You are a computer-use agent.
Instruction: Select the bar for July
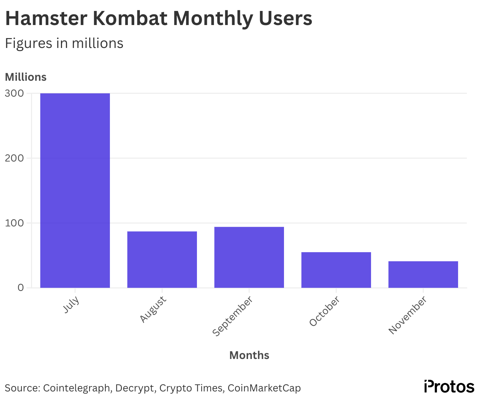(75, 190)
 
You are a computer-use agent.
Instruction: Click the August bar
(162, 260)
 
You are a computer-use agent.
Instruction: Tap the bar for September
(249, 257)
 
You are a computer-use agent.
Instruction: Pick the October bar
(336, 270)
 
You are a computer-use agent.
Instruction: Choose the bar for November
(423, 274)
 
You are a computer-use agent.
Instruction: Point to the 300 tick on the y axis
(14, 93)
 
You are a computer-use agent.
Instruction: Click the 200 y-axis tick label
(14, 158)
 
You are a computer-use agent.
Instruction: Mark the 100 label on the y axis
(14, 223)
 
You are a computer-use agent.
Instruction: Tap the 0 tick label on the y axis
(20, 288)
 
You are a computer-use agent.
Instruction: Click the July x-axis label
(72, 305)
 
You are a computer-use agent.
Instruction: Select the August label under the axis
(153, 309)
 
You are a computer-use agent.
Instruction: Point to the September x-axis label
(233, 316)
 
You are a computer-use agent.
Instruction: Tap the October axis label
(325, 311)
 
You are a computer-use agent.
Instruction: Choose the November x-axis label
(408, 315)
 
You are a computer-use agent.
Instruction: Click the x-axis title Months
(249, 355)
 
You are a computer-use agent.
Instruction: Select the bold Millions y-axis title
(26, 77)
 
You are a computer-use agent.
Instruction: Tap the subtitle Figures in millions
(64, 43)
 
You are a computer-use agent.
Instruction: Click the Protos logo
(449, 386)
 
